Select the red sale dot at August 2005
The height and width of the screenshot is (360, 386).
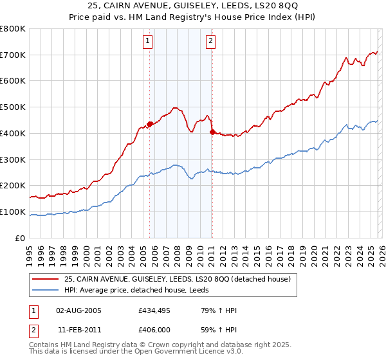[x=150, y=123]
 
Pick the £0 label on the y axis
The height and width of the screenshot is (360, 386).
[x=21, y=239]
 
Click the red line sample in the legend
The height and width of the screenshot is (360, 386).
[x=45, y=279]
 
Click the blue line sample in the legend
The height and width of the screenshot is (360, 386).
[x=45, y=290]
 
